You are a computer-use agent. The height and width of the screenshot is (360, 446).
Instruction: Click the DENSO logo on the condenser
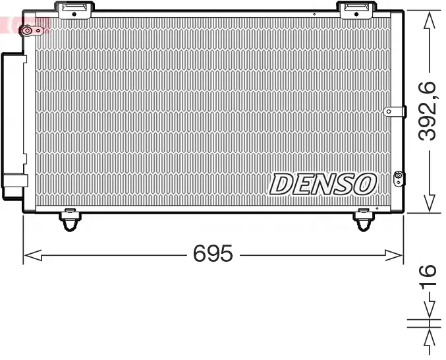click(x=322, y=185)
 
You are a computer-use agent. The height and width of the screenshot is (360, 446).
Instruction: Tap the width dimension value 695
click(x=213, y=254)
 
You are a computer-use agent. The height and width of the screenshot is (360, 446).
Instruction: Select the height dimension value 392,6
click(x=429, y=110)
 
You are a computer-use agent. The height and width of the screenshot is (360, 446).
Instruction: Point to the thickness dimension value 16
click(x=428, y=277)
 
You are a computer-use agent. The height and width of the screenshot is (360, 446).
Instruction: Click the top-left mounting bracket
click(x=76, y=9)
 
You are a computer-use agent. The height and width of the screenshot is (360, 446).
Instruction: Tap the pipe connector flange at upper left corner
click(x=29, y=30)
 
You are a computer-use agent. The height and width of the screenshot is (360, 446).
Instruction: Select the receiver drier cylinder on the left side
click(x=13, y=125)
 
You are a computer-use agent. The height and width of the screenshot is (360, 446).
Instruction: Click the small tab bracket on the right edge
click(x=394, y=111)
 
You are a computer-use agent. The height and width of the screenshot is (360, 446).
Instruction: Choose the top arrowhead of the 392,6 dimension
click(x=429, y=20)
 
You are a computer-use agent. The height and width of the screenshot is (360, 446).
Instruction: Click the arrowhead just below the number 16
click(x=429, y=309)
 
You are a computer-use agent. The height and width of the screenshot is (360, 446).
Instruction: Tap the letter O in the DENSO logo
click(x=364, y=185)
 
